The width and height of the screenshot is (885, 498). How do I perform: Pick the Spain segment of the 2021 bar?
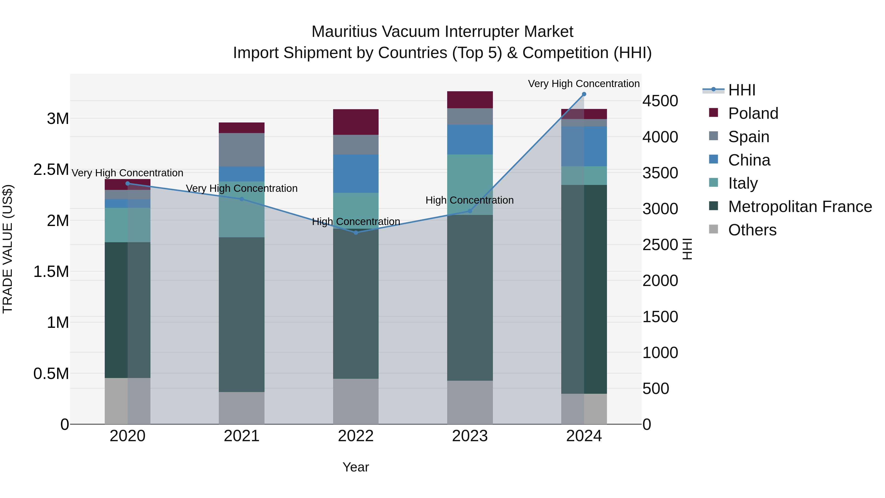pyautogui.click(x=241, y=150)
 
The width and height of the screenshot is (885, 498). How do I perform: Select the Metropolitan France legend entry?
pyautogui.click(x=800, y=207)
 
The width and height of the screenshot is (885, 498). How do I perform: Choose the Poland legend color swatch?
pyautogui.click(x=714, y=113)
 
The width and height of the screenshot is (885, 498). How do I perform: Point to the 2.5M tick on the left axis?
pyautogui.click(x=51, y=170)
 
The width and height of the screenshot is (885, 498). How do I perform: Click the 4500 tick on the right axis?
pyautogui.click(x=660, y=101)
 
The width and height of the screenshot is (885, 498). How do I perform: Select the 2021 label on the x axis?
pyautogui.click(x=241, y=436)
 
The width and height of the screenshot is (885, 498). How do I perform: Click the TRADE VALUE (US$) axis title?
pyautogui.click(x=8, y=249)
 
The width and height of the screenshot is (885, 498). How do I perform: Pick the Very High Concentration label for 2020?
pyautogui.click(x=127, y=173)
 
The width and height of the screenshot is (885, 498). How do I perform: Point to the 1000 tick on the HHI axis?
pyautogui.click(x=660, y=353)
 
